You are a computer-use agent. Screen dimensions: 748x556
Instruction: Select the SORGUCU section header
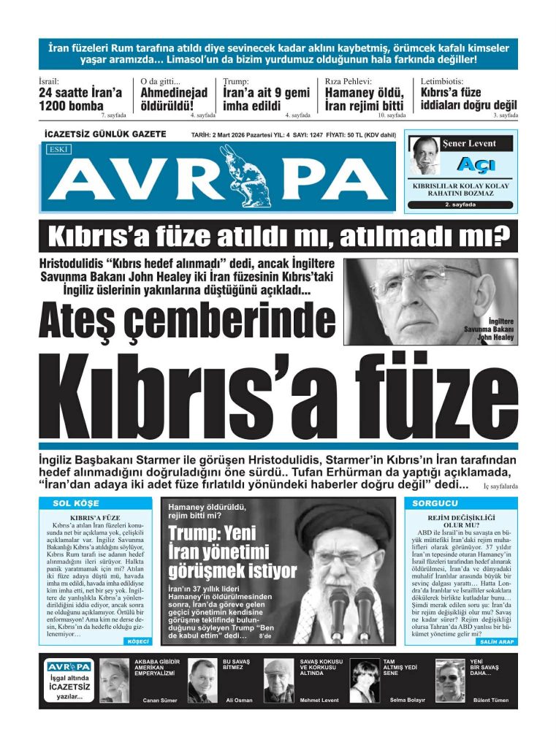435,503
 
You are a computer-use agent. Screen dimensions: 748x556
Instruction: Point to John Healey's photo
430,299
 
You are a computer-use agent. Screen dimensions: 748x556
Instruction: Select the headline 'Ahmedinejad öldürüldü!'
174,99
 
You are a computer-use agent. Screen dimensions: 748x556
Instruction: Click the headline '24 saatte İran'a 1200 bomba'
80,99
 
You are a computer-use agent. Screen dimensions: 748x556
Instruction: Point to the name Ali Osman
239,700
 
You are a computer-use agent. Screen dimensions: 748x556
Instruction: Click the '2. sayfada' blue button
460,205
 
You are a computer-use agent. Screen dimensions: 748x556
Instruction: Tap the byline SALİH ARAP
497,641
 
